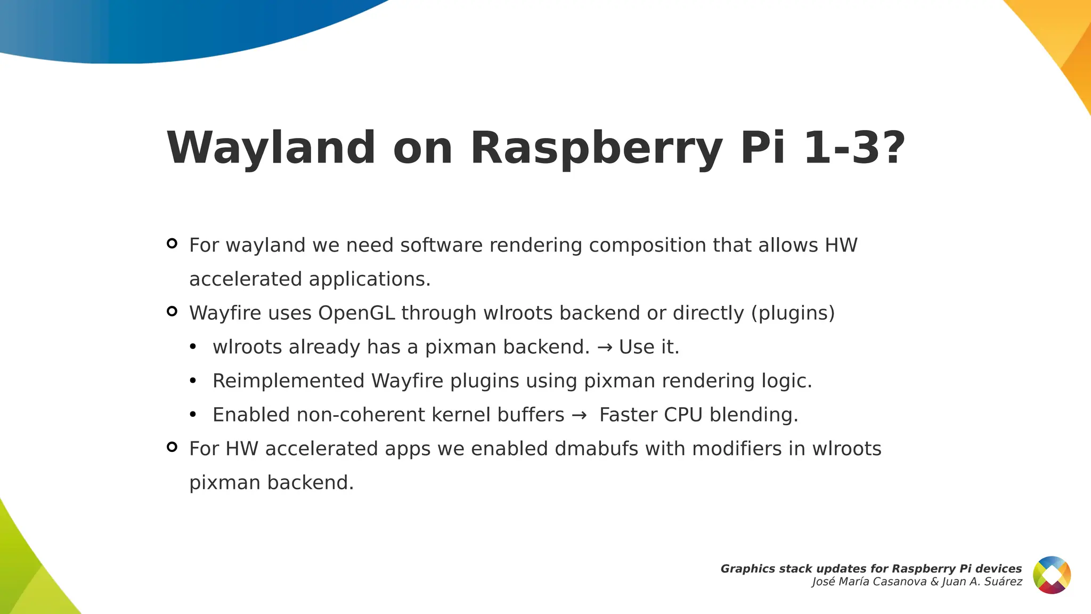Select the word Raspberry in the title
(596, 149)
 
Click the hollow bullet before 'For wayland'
(172, 244)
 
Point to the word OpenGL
(356, 313)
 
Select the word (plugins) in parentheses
(793, 313)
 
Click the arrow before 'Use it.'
(604, 348)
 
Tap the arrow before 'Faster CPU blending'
(579, 415)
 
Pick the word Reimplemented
(288, 381)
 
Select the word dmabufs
(596, 449)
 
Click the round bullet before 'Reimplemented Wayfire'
(193, 381)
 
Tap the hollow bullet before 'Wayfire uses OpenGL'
(172, 311)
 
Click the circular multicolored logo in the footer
(1052, 575)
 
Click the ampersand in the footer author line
(935, 582)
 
